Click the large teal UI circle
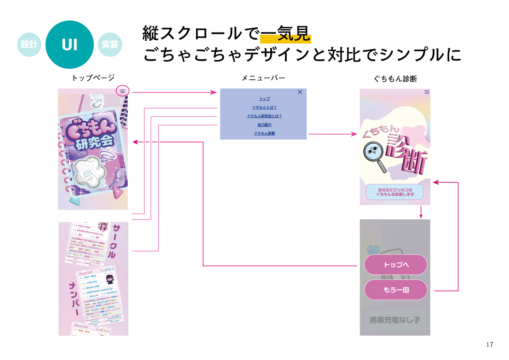pos(70,45)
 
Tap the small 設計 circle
pos(29,45)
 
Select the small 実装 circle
pos(110,45)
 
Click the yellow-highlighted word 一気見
pos(286,34)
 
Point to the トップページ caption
pos(93,78)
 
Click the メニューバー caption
pos(263,78)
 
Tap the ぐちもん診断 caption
pos(395,79)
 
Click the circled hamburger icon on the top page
pos(123,91)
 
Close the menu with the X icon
pos(300,92)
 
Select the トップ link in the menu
pos(264,99)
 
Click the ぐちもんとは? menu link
pos(264,108)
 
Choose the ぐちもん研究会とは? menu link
pos(264,116)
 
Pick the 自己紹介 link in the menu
pos(264,125)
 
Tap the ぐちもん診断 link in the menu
pos(264,133)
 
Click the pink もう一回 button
pos(396,290)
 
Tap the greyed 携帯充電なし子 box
pos(395,320)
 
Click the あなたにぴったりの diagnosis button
pos(394,192)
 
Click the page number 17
pos(490,344)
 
